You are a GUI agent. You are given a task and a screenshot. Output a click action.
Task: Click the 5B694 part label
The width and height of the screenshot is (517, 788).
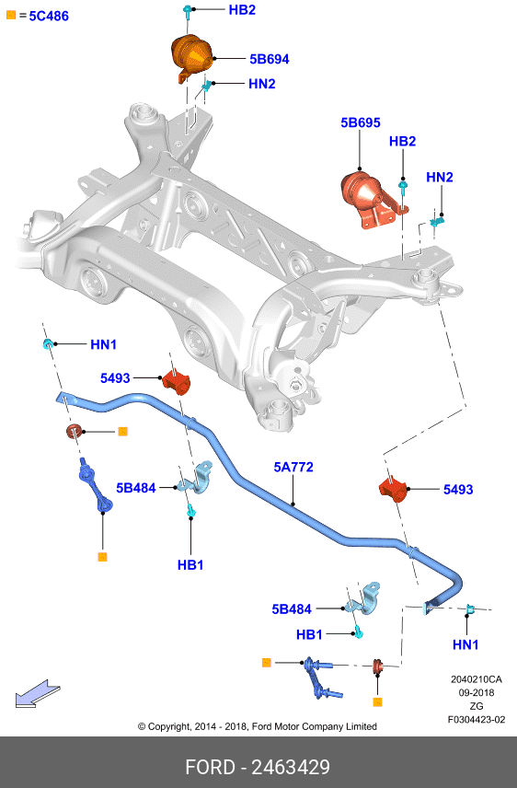[x=270, y=59]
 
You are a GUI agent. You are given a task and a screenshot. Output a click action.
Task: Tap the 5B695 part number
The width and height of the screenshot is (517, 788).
[x=361, y=122]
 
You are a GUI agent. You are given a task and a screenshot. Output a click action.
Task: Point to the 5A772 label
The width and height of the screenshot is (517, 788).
[x=293, y=468]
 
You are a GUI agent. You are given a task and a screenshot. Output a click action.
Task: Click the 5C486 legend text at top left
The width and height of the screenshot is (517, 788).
[x=49, y=16]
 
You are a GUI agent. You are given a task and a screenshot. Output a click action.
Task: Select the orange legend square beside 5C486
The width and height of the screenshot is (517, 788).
[x=11, y=16]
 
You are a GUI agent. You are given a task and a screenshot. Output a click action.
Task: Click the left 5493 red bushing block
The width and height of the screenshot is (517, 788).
[x=177, y=382]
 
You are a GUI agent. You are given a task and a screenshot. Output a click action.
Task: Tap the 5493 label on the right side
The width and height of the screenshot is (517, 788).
[x=458, y=490]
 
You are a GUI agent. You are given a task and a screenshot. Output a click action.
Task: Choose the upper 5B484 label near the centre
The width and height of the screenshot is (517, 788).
[x=135, y=488]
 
